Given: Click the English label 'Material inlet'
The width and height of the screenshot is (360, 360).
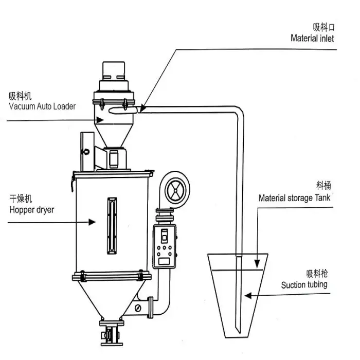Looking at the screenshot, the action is (312, 38).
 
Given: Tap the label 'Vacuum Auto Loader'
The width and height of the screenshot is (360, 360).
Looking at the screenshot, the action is (42, 106).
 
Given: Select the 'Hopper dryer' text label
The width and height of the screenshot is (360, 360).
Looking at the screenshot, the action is (32, 210).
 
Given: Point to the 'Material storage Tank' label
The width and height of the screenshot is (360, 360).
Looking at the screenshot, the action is (294, 198).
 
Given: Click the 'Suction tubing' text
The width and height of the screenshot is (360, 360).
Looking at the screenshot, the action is (304, 285).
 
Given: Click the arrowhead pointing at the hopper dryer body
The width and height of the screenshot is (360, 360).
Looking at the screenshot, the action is (92, 222).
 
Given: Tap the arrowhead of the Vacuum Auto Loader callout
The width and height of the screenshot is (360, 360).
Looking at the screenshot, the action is (100, 120).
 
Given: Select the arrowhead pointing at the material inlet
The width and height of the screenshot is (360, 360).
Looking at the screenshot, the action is (143, 108).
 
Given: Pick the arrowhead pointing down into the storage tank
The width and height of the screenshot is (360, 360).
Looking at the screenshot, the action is (257, 264).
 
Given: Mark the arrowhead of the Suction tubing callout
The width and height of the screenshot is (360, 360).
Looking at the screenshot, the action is (248, 296).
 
